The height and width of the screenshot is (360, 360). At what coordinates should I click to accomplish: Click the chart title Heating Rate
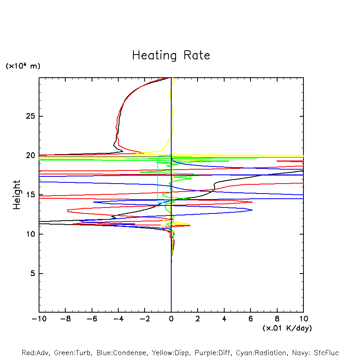[x=171, y=55]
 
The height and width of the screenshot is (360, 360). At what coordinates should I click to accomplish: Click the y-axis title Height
[x=16, y=195]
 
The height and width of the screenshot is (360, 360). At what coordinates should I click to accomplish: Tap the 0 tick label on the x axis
[x=171, y=319]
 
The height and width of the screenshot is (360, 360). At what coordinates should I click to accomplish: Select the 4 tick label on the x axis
[x=224, y=319]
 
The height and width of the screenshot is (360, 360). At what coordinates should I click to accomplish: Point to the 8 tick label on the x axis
[x=277, y=319]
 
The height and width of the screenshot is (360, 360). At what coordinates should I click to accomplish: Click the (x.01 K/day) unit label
[x=287, y=328]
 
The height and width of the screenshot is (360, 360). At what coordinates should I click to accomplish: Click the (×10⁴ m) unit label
[x=23, y=66]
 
